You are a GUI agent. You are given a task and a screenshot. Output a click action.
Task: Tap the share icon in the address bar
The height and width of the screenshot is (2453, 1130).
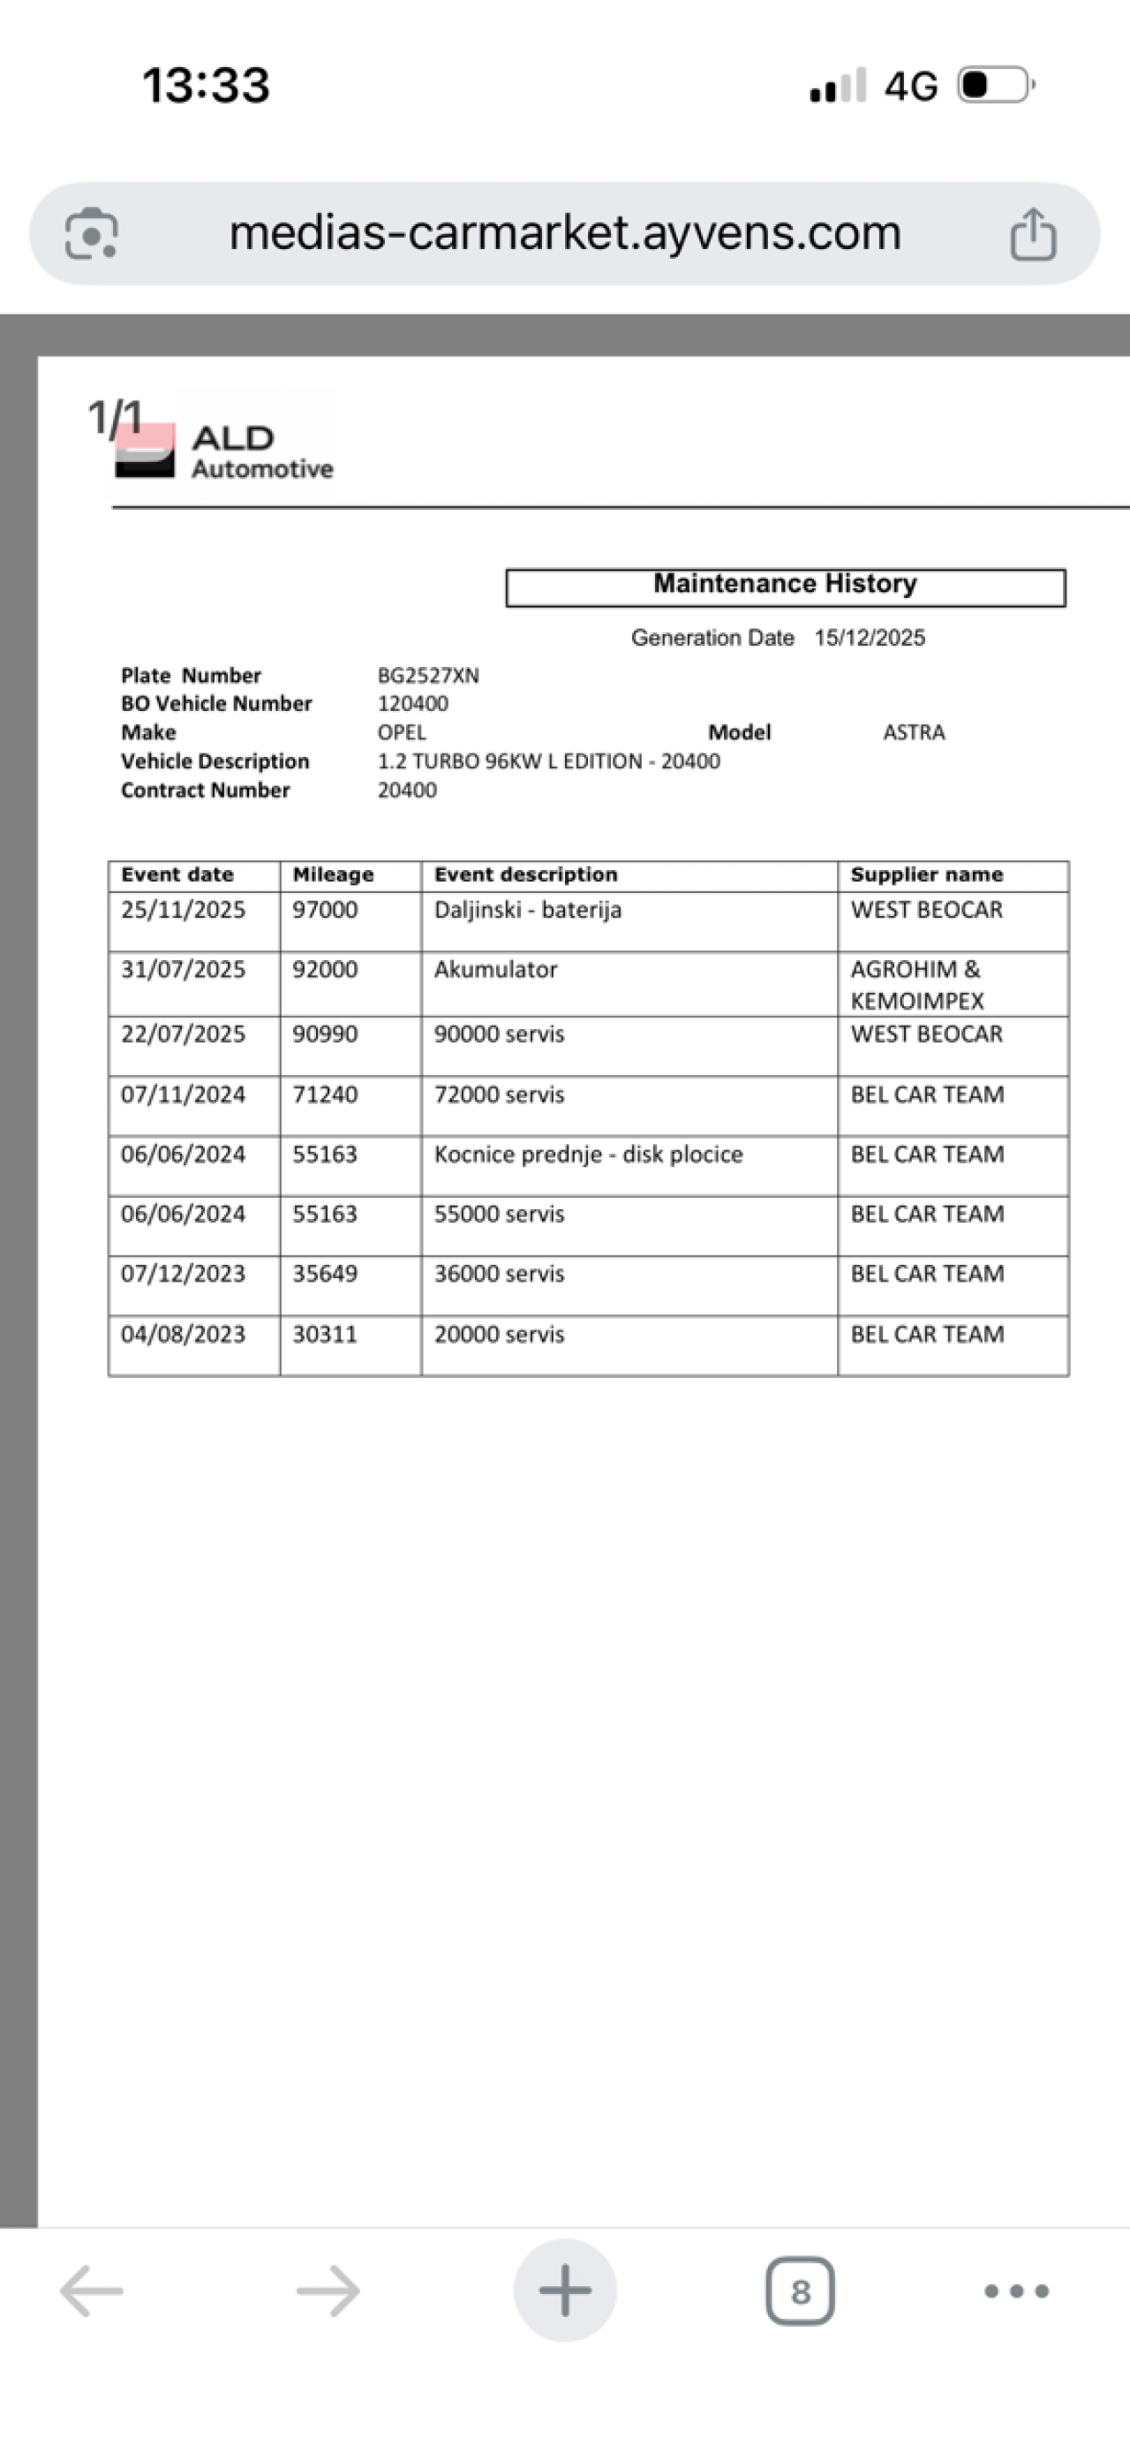[x=1033, y=234]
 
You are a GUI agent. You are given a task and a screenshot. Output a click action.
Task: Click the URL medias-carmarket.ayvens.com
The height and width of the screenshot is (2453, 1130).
[x=564, y=233]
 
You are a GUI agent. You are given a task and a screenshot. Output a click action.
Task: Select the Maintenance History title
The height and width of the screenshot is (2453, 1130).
[x=785, y=584]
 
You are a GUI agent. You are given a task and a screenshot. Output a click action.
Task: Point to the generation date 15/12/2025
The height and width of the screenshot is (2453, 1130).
[x=870, y=638]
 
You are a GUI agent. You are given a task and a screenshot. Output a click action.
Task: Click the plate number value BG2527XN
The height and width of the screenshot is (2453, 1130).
[x=428, y=676]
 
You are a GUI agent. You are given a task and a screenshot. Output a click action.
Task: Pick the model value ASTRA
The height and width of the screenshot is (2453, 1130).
[x=914, y=733]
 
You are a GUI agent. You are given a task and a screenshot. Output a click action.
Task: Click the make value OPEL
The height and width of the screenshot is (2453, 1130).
[x=402, y=733]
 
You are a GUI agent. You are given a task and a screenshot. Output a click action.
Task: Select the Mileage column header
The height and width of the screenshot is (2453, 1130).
[x=333, y=875]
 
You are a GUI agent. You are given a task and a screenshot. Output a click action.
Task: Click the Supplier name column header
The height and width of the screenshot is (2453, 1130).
[x=926, y=875]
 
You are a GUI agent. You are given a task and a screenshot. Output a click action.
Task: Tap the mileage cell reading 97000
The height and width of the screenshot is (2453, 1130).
[x=326, y=911]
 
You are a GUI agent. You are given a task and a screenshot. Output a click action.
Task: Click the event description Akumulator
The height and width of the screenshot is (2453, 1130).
[x=496, y=969]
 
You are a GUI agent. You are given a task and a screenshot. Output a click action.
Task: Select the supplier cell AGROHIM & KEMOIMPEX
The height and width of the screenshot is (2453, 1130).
[x=916, y=985]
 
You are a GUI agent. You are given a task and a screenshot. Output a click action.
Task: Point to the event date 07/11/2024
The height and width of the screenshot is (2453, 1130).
[x=183, y=1095]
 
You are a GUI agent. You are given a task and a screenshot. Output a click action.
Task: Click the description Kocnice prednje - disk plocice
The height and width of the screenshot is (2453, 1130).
[x=588, y=1155]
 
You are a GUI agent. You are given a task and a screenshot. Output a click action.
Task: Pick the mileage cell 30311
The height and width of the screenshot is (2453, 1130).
[x=326, y=1334]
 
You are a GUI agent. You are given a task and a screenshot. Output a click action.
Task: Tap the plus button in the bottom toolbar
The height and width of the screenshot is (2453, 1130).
[x=564, y=2290]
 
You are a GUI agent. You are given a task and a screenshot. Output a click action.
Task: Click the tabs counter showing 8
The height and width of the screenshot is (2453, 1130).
[x=800, y=2291]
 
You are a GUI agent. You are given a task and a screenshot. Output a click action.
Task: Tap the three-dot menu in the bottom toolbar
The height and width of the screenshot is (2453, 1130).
[x=1016, y=2291]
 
